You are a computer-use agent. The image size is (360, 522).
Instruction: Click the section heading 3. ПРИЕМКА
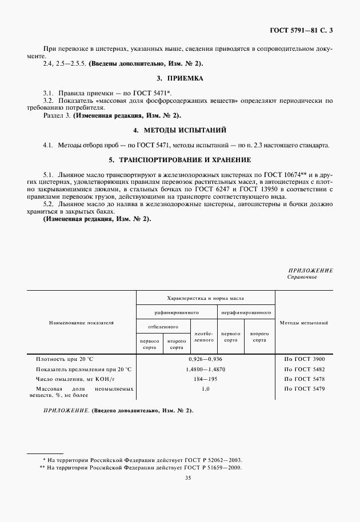pyautogui.click(x=180, y=77)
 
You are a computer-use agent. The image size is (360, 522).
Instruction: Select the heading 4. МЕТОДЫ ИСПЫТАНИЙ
pyautogui.click(x=180, y=130)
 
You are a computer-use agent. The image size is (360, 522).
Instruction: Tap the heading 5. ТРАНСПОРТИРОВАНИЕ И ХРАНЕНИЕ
pyautogui.click(x=180, y=159)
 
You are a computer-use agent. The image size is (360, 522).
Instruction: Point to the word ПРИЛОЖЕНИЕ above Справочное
pyautogui.click(x=310, y=270)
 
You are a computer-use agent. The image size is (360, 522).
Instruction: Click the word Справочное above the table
pyautogui.click(x=302, y=277)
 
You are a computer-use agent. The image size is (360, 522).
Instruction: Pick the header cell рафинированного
pyautogui.click(x=176, y=313)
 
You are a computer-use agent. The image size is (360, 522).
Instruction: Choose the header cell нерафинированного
pyautogui.click(x=246, y=313)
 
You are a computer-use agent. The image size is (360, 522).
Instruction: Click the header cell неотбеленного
pyautogui.click(x=204, y=336)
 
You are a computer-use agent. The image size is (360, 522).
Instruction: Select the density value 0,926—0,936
pyautogui.click(x=205, y=359)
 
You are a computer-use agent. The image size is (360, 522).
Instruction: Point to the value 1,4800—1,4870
pyautogui.click(x=205, y=369)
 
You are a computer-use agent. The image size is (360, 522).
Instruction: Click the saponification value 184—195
pyautogui.click(x=205, y=379)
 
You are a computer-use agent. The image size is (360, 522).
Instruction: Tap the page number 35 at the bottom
pyautogui.click(x=179, y=479)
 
